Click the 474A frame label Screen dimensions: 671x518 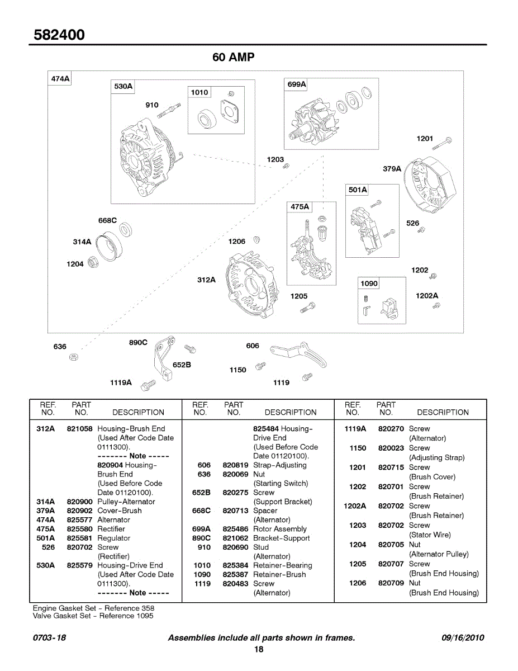pos(60,79)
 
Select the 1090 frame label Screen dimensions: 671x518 pos(369,283)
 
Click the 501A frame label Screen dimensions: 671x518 pos(358,190)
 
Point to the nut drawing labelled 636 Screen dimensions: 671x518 pos(73,357)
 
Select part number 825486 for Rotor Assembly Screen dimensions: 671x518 pos(235,529)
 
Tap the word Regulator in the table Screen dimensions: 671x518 pos(114,538)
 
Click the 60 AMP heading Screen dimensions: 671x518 pos(234,58)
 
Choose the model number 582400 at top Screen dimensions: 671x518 pos(60,35)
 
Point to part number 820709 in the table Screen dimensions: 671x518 pos(391,583)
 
